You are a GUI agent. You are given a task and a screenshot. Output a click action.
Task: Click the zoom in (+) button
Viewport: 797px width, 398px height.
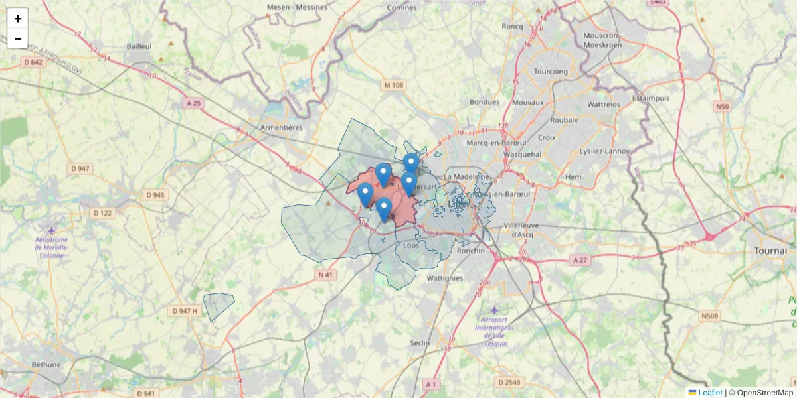click(18, 19)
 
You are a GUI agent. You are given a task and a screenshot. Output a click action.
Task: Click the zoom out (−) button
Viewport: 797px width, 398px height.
click(18, 38)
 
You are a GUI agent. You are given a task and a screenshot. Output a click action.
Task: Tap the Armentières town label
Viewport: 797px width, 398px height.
click(281, 127)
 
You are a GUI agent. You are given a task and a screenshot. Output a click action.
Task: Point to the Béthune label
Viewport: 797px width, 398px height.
click(46, 364)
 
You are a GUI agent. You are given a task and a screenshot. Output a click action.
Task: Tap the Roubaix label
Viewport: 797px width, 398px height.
click(564, 120)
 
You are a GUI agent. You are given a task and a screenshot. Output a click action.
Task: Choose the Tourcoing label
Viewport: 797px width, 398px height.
click(551, 71)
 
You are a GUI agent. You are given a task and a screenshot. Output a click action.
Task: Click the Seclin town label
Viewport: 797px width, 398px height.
click(420, 342)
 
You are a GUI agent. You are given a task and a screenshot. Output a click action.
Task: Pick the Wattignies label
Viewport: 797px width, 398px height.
click(445, 278)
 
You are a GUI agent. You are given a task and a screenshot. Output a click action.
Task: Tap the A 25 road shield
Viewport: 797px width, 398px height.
click(193, 103)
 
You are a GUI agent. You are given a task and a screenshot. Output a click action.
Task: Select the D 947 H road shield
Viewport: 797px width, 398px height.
click(185, 311)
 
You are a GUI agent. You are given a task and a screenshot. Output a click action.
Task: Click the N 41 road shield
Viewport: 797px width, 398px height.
click(325, 275)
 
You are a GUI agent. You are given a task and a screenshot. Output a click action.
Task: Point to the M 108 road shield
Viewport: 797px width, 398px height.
click(393, 85)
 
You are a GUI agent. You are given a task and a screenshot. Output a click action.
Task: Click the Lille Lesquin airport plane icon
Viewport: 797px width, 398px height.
click(493, 310)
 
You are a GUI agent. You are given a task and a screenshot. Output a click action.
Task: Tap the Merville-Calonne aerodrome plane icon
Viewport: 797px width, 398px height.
click(51, 230)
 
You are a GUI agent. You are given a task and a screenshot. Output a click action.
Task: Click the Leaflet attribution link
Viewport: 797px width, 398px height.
click(710, 393)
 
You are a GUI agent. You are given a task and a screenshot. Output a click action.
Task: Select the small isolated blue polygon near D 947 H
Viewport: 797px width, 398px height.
click(218, 306)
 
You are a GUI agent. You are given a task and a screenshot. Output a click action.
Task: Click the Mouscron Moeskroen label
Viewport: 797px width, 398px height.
click(601, 40)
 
